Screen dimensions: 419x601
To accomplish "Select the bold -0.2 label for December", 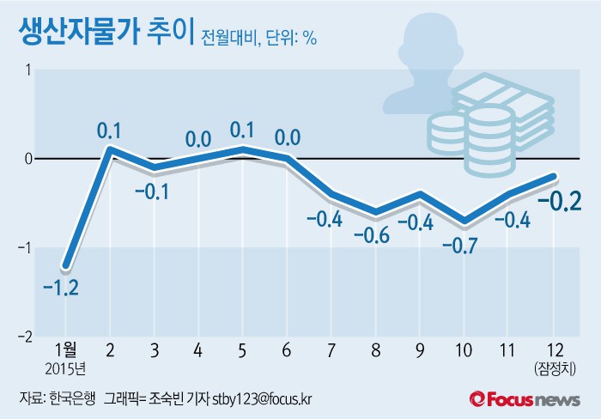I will pos(560,203).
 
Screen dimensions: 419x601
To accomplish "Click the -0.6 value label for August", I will pos(376,234).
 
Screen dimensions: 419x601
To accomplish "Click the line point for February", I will pos(110,149).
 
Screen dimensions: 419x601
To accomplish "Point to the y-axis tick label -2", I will pos(26,337).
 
